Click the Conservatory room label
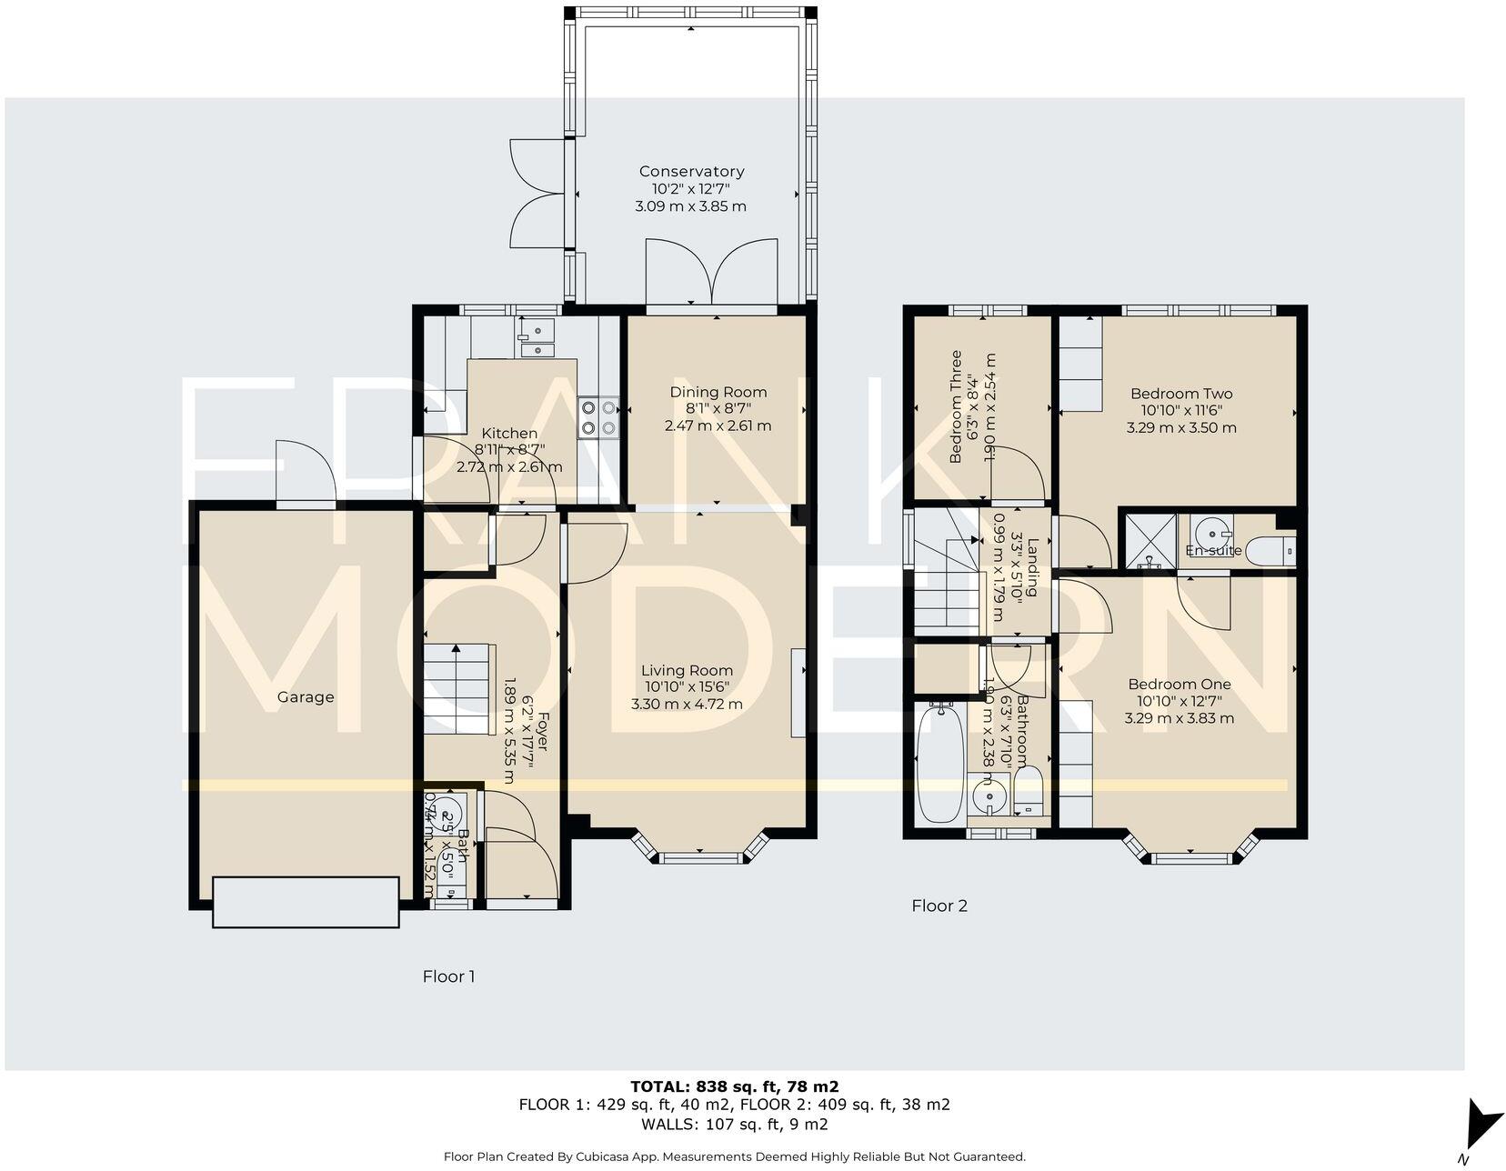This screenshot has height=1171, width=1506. [x=691, y=171]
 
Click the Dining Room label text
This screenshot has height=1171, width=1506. [x=718, y=392]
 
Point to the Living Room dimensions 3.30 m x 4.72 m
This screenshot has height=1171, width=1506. [x=687, y=704]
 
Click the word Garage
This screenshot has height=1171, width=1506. [x=306, y=697]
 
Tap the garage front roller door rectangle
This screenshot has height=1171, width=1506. [x=306, y=901]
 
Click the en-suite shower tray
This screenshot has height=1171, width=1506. [x=1150, y=542]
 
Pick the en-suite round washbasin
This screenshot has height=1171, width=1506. [x=1210, y=529]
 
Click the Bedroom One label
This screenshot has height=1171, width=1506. [x=1179, y=685]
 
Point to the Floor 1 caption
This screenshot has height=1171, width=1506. [x=448, y=976]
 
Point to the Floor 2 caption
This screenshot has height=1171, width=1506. [x=939, y=906]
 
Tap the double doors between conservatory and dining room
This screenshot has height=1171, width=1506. [x=712, y=272]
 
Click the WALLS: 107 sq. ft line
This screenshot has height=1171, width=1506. [x=734, y=1124]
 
